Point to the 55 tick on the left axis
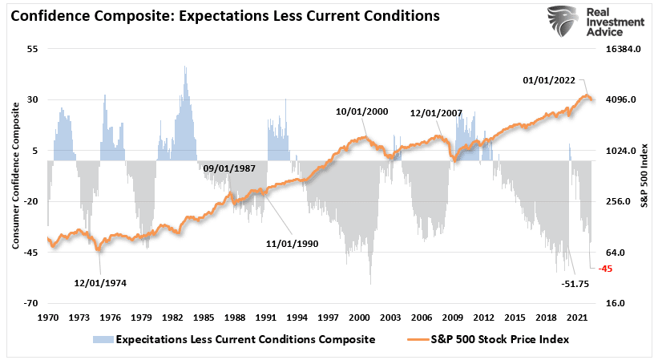point(33,49)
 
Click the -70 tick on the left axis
point(31,303)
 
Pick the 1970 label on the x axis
point(48,318)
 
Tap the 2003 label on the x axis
point(391,318)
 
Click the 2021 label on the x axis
point(579,318)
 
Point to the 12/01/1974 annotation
point(100,282)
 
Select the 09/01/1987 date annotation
point(228,168)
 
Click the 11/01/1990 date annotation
point(293,242)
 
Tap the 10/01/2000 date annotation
point(362,111)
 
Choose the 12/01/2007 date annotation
point(435,114)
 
